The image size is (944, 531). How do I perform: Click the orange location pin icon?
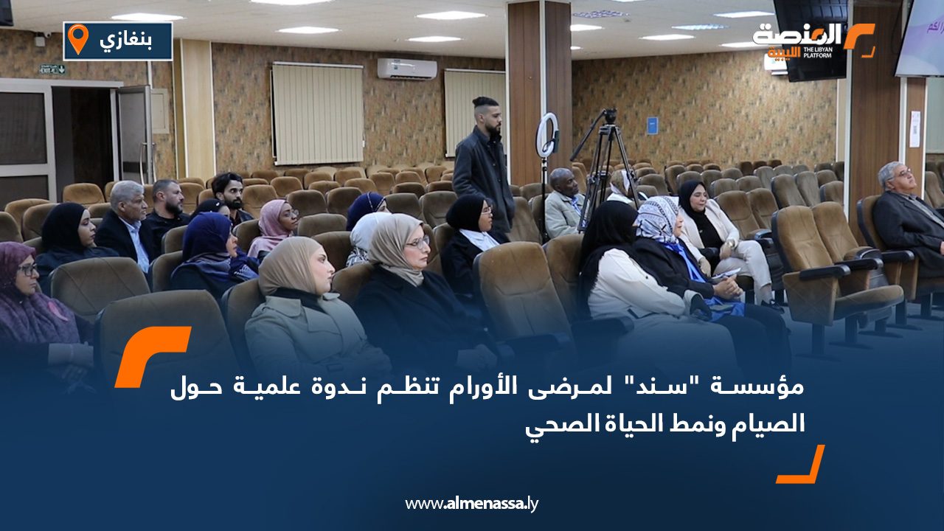pos(78,38)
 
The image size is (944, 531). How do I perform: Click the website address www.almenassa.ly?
pos(471,504)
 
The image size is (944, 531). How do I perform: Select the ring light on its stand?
pos(547,135)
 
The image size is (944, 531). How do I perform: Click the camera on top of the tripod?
pos(609,115)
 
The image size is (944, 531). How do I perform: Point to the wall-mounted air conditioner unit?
pos(406,69)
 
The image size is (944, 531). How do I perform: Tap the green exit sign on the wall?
pos(52,69)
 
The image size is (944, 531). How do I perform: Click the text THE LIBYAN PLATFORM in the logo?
pos(818,52)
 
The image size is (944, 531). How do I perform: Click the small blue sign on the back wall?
pos(652,125)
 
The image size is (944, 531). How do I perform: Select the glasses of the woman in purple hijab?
pos(28,269)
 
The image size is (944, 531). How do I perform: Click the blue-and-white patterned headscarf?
pos(656,219)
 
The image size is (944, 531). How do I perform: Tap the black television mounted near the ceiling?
pos(810,40)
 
